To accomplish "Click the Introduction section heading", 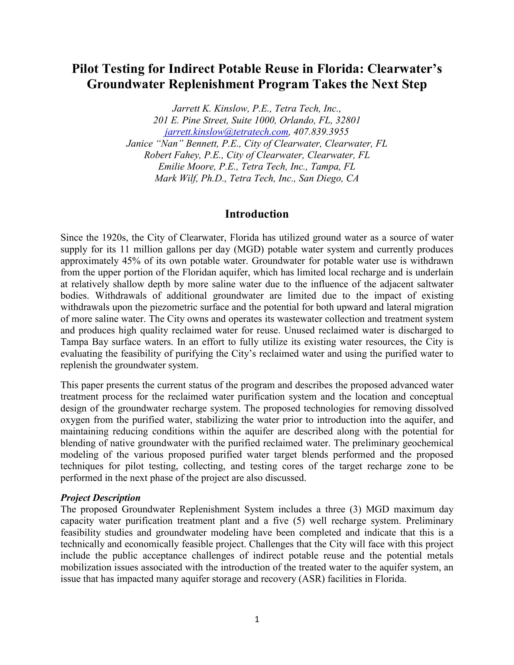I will point(257,214).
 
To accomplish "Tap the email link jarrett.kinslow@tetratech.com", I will point(226,132).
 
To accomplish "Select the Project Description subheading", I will point(100,498).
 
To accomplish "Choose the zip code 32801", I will point(348,120).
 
